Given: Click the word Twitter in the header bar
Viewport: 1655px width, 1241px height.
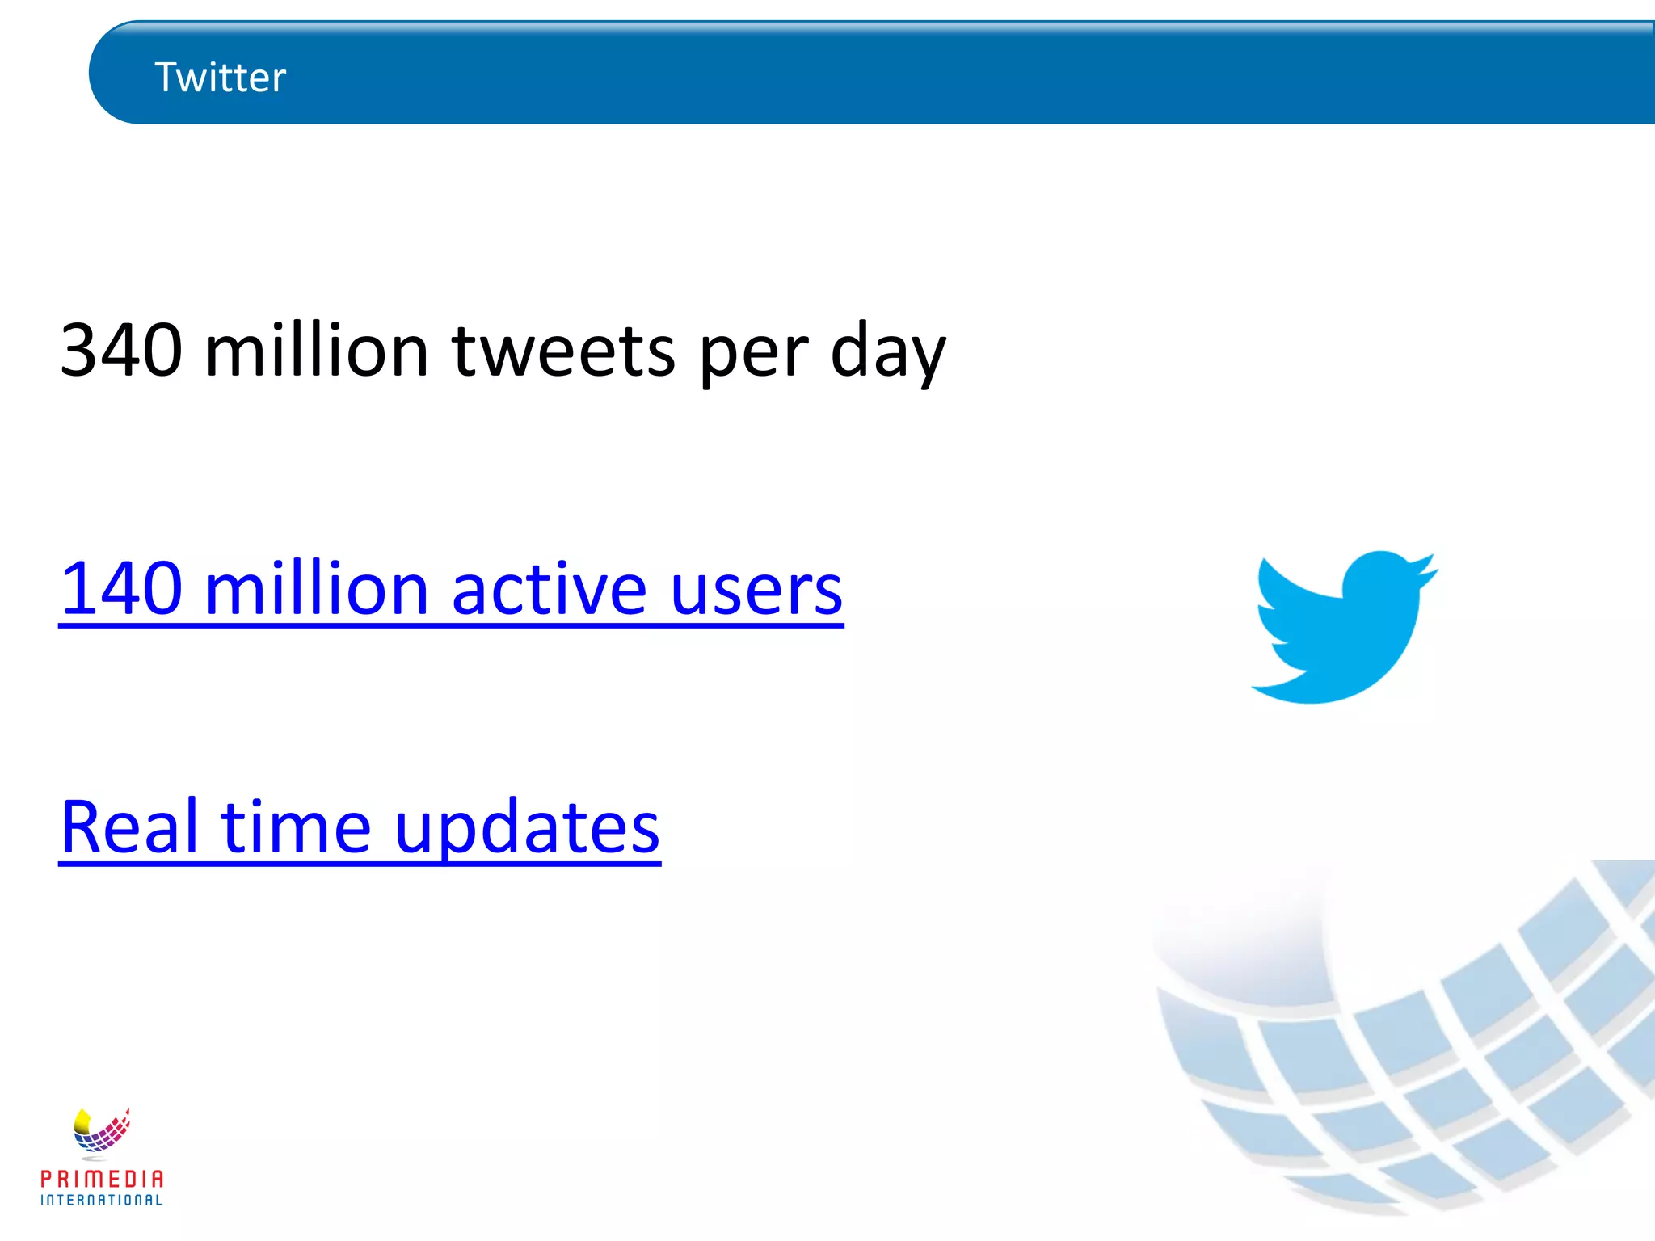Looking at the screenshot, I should point(220,78).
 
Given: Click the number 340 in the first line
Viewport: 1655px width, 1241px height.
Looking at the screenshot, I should point(121,351).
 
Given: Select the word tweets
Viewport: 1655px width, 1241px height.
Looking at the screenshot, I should point(563,352).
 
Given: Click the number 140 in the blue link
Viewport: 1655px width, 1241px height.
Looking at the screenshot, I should point(121,588).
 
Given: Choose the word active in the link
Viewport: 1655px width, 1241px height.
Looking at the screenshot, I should point(549,588).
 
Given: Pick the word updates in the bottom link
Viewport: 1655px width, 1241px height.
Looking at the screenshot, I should point(527,829).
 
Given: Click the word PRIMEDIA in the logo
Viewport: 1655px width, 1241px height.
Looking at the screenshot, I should point(102,1179).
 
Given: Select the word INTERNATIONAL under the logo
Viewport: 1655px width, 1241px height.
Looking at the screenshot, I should point(102,1201).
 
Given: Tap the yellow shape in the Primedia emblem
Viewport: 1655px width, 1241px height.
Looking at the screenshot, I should point(82,1121).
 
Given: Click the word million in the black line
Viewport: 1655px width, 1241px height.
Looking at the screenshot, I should point(317,351).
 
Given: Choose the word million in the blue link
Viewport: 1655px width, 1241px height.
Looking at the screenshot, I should point(317,588).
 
